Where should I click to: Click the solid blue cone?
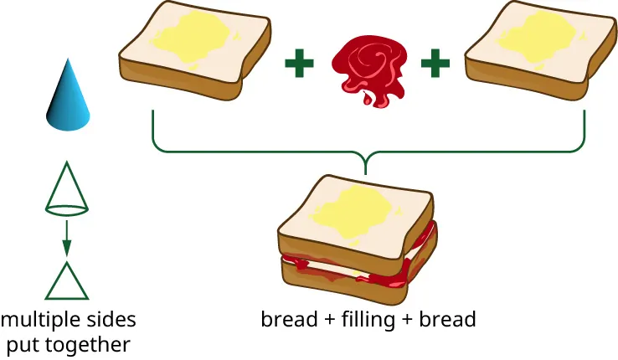(67, 99)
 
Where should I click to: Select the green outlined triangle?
(66, 281)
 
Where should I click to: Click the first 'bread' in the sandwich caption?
(285, 319)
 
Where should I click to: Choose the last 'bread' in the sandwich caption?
(451, 319)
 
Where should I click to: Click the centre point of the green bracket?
(367, 159)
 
